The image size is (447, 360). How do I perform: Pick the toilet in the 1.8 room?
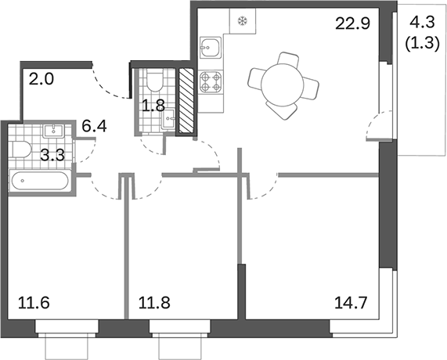[154, 81]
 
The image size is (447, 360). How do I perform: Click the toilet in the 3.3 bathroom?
[23, 151]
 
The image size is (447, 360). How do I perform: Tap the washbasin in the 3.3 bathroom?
[54, 131]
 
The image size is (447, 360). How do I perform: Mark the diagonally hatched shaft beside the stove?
[186, 100]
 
